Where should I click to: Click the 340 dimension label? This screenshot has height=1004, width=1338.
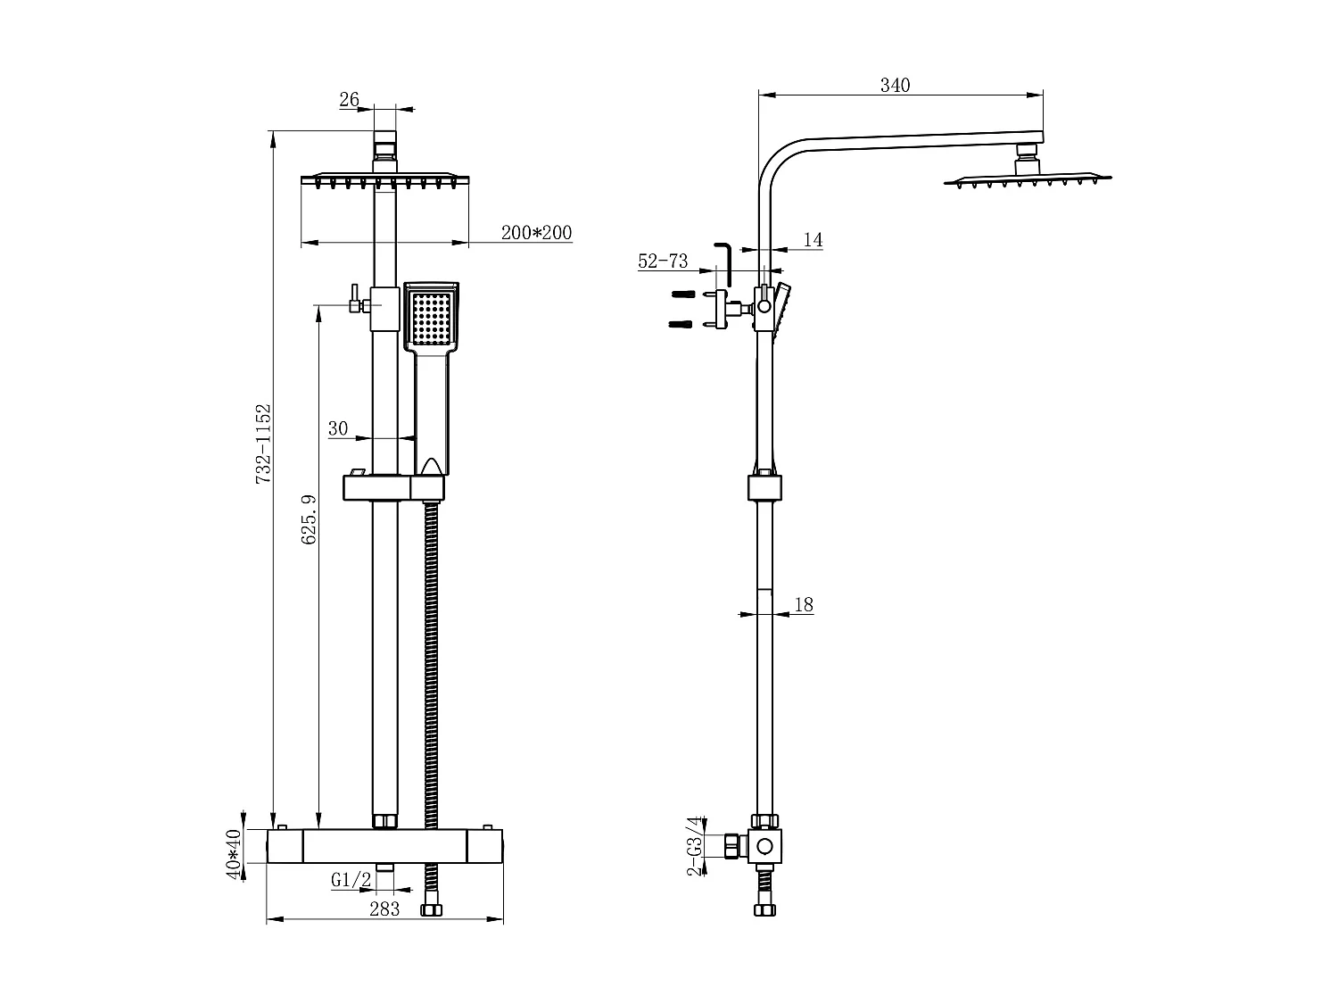coord(895,86)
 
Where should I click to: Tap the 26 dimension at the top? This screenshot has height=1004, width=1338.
coord(349,99)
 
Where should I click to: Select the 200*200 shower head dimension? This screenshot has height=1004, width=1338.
coord(536,233)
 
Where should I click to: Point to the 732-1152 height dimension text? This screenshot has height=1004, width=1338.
coord(263,444)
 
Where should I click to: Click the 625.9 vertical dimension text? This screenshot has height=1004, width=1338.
coord(309,519)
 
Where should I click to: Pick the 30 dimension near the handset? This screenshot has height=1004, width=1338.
coord(338,428)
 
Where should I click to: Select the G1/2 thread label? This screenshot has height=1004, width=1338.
coord(351,880)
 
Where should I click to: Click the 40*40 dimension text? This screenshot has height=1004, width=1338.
coord(234,854)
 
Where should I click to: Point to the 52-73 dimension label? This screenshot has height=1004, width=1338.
coord(663,261)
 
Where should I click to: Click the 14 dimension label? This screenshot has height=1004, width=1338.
coord(813,239)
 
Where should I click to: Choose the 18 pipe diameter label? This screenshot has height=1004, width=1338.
coord(804,604)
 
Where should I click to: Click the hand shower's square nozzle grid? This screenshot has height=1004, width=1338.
coord(432,316)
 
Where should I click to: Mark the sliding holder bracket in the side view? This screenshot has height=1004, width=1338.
coord(764,487)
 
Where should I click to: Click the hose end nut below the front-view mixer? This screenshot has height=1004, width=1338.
coord(431,910)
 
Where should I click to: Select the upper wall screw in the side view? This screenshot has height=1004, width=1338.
coord(682,294)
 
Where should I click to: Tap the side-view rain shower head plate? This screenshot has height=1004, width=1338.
coord(1028,179)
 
